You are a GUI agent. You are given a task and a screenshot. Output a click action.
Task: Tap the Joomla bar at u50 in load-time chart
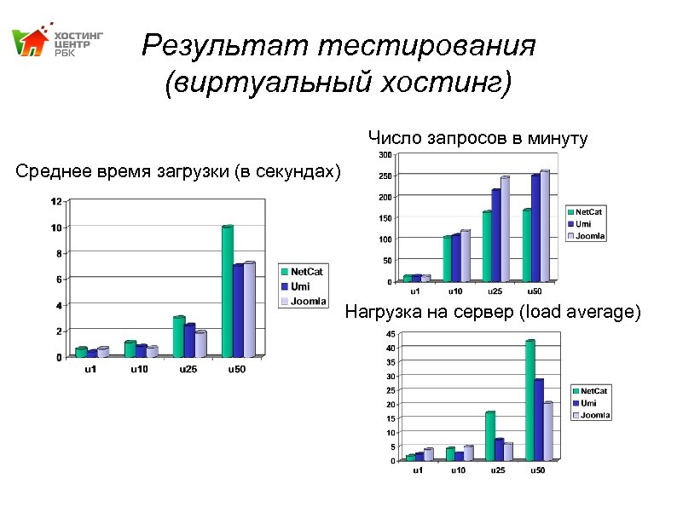tap(249, 308)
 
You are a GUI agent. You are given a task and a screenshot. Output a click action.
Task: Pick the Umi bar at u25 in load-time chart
tap(189, 340)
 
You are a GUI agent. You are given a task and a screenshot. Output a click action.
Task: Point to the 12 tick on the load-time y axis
tap(56, 201)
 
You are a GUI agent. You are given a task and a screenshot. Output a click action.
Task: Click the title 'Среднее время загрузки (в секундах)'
tap(177, 173)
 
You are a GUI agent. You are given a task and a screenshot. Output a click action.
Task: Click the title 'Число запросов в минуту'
tap(477, 137)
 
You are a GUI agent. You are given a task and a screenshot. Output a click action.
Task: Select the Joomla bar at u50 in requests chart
tap(544, 226)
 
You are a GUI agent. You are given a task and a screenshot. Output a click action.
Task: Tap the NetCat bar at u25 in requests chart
tap(487, 246)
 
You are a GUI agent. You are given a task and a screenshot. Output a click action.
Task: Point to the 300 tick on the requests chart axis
tap(385, 155)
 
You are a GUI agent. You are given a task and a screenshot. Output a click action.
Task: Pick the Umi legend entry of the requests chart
tap(583, 223)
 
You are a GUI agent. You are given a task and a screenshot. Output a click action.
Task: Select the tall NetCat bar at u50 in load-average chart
tap(529, 400)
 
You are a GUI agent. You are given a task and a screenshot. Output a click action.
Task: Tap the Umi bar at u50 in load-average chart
tap(539, 419)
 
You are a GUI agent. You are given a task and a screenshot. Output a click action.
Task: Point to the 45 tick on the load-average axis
tap(390, 333)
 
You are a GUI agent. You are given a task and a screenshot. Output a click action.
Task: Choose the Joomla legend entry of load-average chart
tap(595, 415)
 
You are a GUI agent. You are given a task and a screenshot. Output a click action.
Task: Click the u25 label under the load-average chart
tap(496, 470)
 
